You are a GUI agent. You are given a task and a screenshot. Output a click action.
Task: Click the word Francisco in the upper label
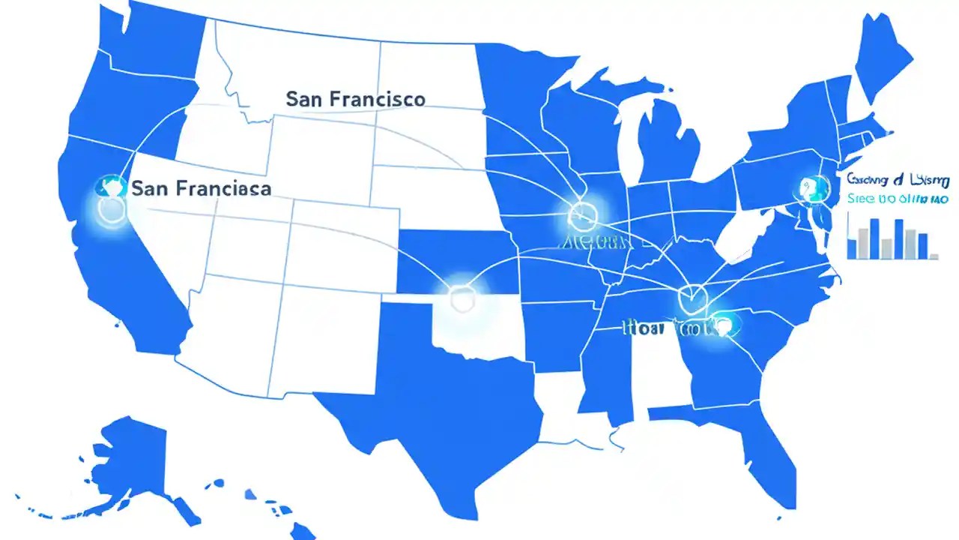pyautogui.click(x=378, y=99)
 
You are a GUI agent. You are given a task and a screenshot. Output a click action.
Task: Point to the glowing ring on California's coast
pyautogui.click(x=113, y=209)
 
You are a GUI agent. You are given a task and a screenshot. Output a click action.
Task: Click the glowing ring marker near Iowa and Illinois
pyautogui.click(x=580, y=217)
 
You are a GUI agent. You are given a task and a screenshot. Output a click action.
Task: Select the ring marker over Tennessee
pyautogui.click(x=690, y=296)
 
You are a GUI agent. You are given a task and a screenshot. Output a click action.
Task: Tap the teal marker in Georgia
pyautogui.click(x=722, y=324)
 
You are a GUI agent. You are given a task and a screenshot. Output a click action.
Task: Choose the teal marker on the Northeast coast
pyautogui.click(x=811, y=187)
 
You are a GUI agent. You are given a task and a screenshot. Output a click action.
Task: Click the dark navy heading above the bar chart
pyautogui.click(x=899, y=180)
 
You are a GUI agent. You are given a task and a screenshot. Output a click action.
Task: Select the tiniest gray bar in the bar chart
pyautogui.click(x=933, y=256)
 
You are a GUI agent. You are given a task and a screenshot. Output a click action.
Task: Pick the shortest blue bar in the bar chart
pyautogui.click(x=853, y=247)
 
